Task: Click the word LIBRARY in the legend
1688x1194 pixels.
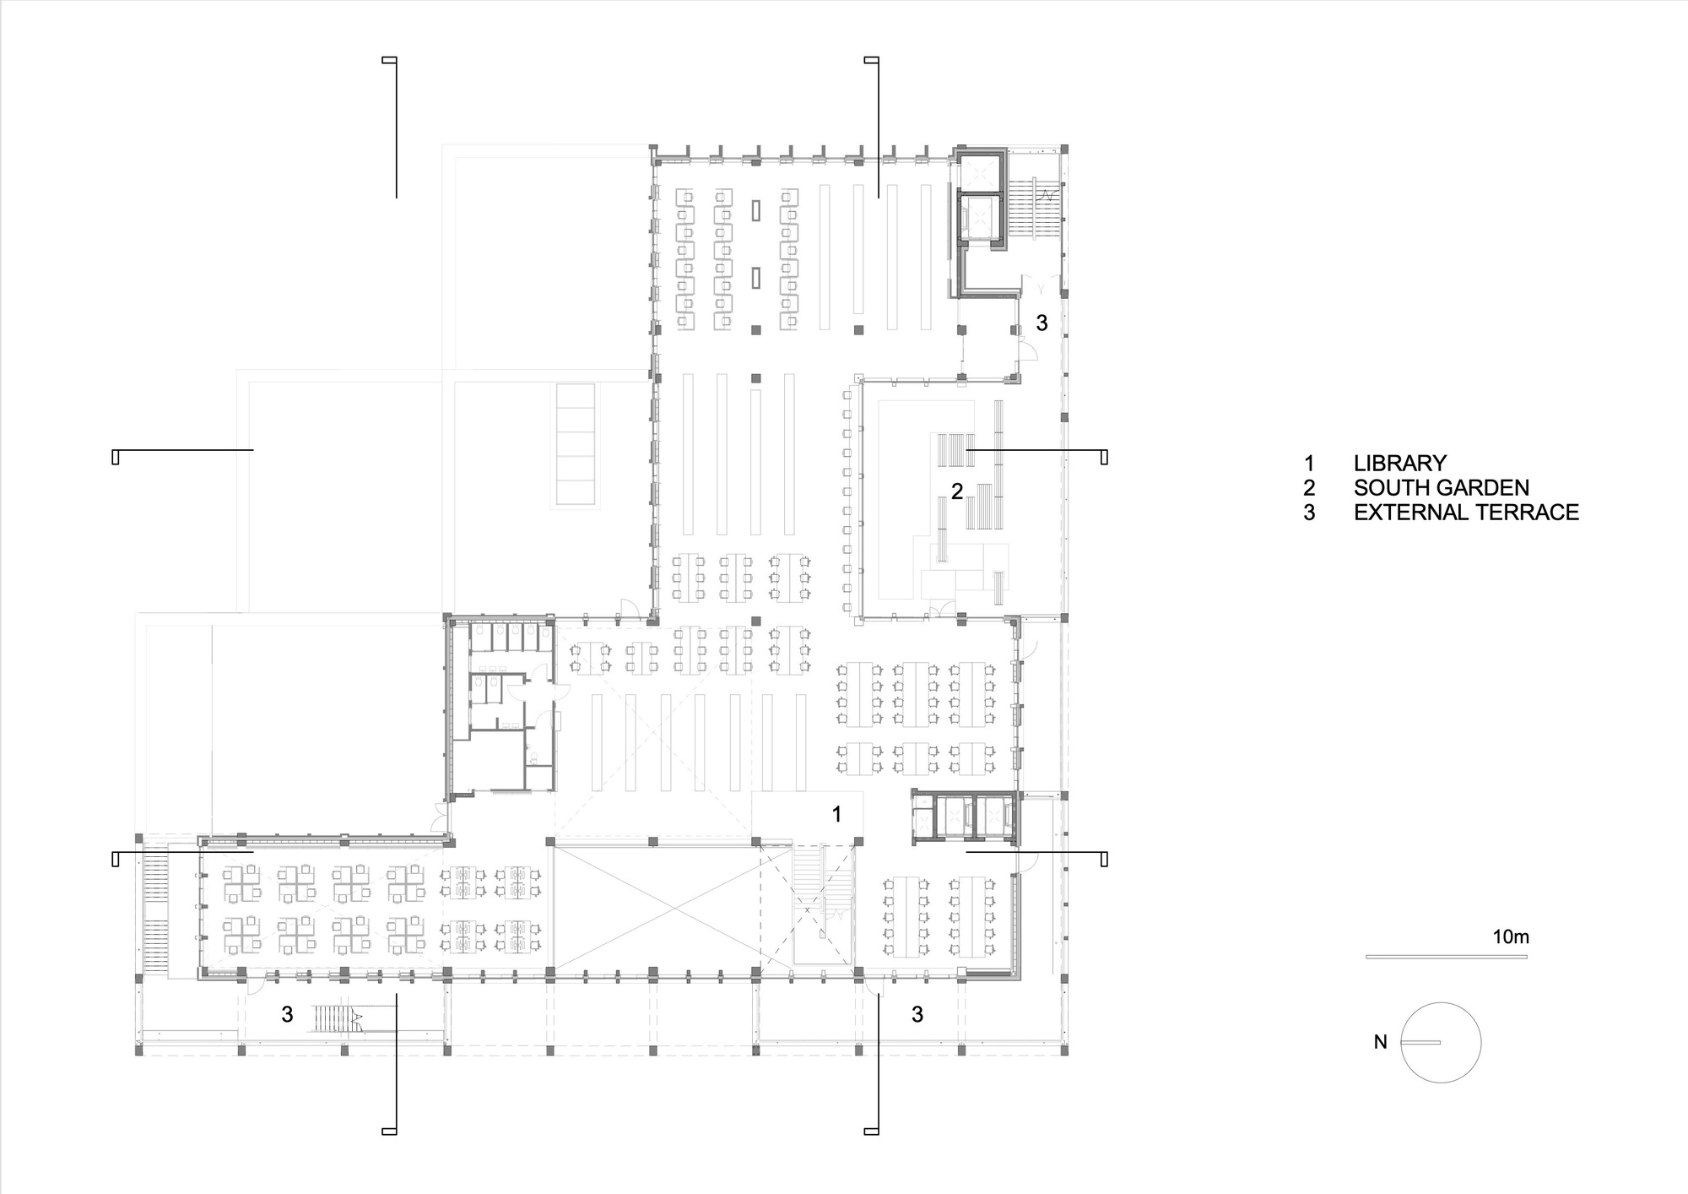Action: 1400,463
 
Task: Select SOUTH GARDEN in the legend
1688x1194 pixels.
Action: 1442,487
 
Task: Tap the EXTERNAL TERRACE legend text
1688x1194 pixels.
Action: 1466,512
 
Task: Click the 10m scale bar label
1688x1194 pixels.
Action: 1511,936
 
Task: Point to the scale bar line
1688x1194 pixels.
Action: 1447,956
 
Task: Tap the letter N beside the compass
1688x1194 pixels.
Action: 1380,1042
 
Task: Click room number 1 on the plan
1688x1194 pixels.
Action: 836,814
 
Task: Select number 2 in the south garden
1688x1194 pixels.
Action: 957,491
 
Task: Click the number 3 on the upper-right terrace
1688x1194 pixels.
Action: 1041,323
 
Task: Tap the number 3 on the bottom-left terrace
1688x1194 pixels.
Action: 287,1014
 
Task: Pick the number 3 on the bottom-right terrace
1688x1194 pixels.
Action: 917,1014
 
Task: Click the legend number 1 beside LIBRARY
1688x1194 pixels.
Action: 1309,463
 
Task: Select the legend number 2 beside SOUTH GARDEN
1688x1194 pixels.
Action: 1309,487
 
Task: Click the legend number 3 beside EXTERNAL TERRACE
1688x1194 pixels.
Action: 1309,512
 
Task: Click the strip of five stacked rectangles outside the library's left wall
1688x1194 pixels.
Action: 574,446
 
